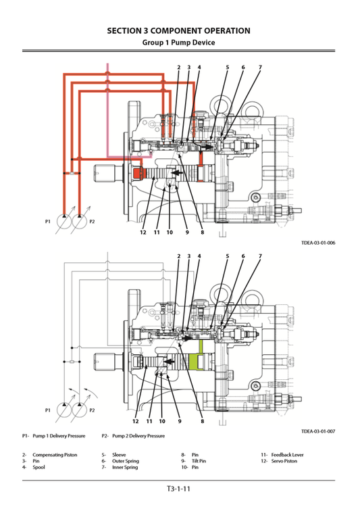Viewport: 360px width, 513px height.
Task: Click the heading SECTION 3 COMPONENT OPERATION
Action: click(179, 30)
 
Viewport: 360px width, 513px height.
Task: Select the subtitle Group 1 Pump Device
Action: click(179, 42)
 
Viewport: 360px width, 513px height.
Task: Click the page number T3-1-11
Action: click(179, 489)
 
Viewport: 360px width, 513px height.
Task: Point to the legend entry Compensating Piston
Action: click(55, 455)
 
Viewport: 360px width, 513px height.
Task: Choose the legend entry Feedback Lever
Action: click(287, 455)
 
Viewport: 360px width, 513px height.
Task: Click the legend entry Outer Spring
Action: click(125, 461)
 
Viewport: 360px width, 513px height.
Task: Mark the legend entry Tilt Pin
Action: click(199, 461)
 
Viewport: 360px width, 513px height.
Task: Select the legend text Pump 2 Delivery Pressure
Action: click(138, 436)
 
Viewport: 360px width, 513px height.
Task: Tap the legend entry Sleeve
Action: click(119, 455)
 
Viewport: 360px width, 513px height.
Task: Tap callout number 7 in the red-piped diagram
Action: click(260, 68)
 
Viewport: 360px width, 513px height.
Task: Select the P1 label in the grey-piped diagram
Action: click(48, 410)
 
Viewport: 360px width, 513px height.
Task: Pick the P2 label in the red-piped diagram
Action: click(92, 222)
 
